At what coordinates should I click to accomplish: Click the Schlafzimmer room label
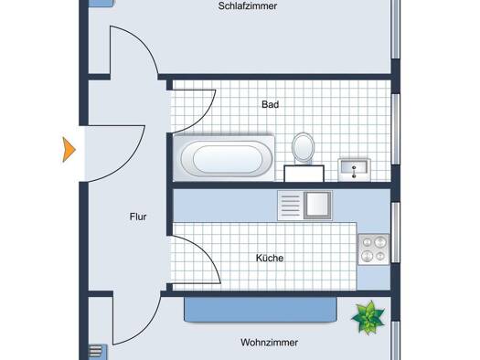248,6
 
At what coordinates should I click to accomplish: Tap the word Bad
270,104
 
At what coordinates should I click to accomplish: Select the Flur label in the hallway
138,217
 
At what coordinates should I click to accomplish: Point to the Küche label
270,258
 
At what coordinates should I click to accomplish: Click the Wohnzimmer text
269,343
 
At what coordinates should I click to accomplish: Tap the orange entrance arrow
69,150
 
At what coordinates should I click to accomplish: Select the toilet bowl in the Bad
303,147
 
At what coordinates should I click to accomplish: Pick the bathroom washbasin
354,170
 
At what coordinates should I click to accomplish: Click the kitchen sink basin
318,205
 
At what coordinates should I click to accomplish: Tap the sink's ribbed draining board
291,205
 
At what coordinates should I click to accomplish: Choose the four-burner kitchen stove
373,249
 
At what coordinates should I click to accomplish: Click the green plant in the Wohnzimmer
368,317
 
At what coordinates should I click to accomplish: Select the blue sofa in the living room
261,309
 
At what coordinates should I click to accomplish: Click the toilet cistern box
304,174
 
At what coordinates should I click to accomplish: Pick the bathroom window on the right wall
396,129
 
